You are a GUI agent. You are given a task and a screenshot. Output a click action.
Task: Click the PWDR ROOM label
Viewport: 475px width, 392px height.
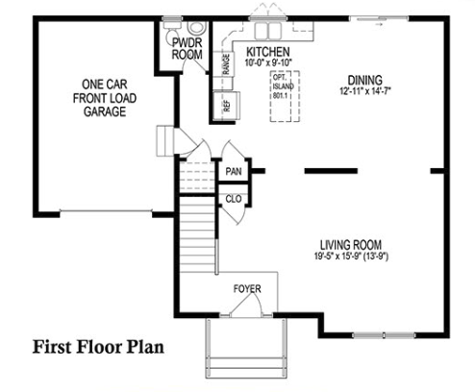(187, 49)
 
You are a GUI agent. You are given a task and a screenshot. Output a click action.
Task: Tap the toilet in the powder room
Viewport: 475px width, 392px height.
(196, 27)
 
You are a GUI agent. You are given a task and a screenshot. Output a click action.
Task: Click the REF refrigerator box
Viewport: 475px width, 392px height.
(226, 106)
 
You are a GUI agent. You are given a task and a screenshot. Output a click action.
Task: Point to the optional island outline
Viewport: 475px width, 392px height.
(285, 96)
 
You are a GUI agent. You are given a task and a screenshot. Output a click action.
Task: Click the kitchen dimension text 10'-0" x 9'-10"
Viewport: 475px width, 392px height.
(268, 62)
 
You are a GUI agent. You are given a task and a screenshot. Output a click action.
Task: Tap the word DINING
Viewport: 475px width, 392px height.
(365, 80)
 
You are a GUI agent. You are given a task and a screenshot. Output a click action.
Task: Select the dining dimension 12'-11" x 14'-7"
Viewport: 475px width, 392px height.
(365, 91)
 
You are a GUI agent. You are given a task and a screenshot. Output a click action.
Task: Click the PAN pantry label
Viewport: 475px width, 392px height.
(234, 171)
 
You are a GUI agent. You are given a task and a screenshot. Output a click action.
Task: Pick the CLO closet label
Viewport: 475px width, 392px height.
(234, 199)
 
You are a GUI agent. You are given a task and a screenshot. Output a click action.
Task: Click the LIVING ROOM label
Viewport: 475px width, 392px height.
(351, 245)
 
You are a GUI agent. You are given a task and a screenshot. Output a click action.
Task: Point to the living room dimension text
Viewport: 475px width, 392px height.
(351, 257)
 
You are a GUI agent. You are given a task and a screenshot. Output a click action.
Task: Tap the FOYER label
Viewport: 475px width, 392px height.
(247, 288)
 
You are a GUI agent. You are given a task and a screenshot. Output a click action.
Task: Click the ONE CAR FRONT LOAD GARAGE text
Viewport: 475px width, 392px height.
(105, 98)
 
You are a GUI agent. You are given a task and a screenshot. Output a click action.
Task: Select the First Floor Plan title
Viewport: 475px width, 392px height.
(98, 347)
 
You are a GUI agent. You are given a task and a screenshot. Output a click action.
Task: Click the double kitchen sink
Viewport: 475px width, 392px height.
(268, 31)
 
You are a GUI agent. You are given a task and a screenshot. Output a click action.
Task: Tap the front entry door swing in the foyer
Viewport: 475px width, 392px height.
(247, 305)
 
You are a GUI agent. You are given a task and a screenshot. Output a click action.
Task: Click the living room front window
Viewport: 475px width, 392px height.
(384, 335)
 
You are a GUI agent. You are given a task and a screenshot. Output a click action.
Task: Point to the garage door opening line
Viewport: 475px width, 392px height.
(106, 211)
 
